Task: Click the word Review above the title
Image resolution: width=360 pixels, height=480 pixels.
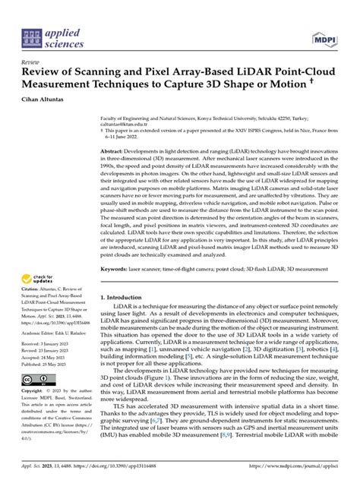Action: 31,62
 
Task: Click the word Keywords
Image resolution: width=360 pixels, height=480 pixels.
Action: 116,248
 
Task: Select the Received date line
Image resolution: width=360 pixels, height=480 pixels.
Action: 52,343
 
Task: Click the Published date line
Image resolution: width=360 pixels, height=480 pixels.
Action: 52,364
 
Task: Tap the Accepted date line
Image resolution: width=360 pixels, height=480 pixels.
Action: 50,357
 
